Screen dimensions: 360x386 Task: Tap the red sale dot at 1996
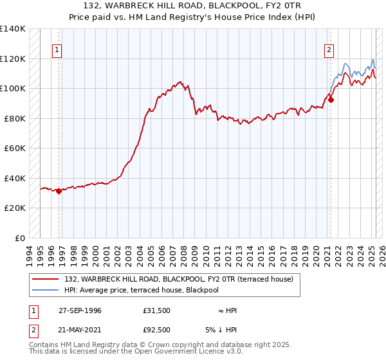pyautogui.click(x=59, y=190)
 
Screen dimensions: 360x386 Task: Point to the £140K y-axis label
pyautogui.click(x=13, y=29)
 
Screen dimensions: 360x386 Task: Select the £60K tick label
pyautogui.click(x=15, y=148)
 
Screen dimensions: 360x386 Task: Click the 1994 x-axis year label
pyautogui.click(x=30, y=254)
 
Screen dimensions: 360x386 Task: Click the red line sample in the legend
pyautogui.click(x=46, y=279)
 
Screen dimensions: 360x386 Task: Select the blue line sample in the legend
pyautogui.click(x=46, y=290)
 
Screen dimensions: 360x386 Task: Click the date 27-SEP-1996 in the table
pyautogui.click(x=80, y=310)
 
